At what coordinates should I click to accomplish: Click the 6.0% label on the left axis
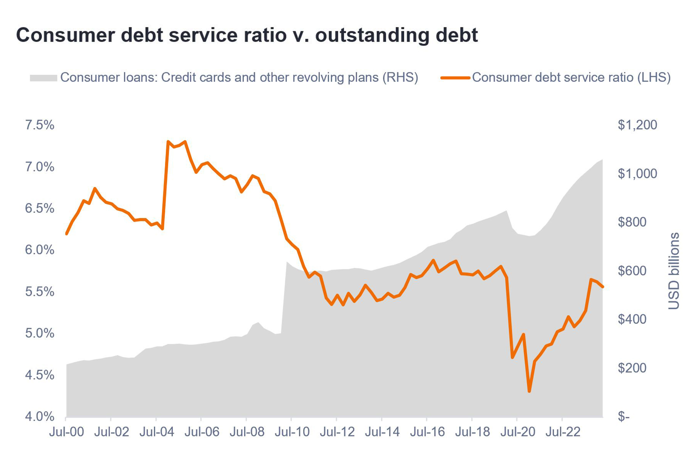pyautogui.click(x=40, y=250)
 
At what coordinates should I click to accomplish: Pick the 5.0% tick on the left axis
pyautogui.click(x=40, y=333)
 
